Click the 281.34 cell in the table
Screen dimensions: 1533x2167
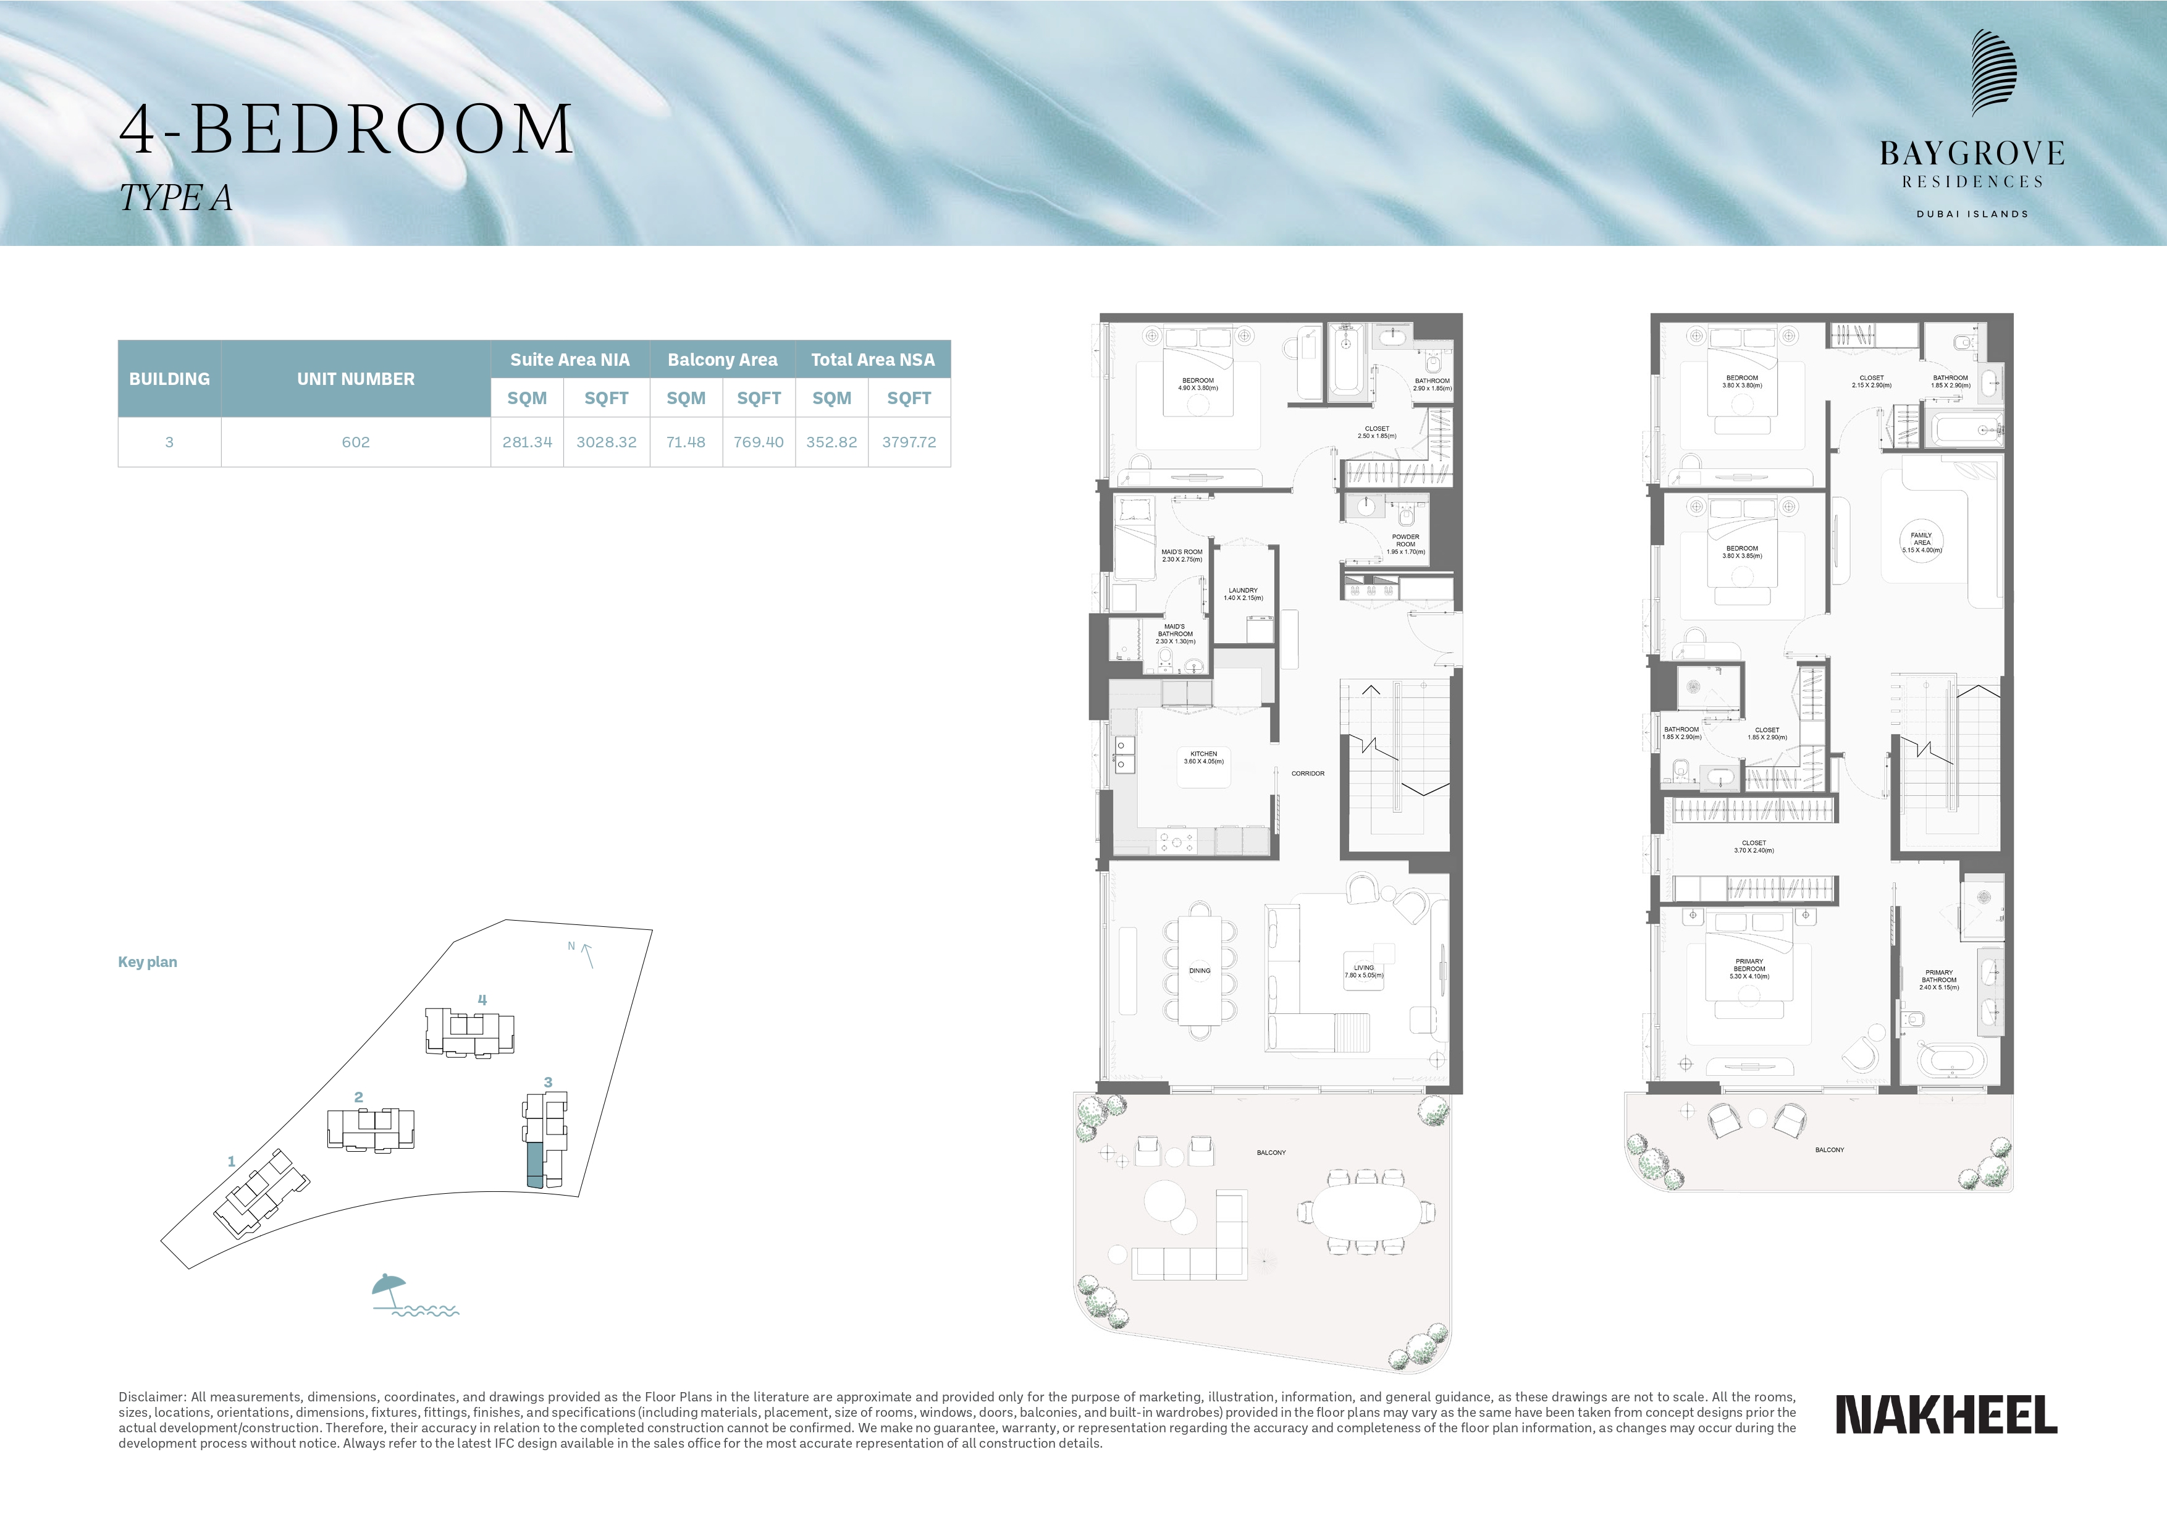(x=527, y=442)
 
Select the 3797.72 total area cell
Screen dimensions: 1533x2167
(x=909, y=442)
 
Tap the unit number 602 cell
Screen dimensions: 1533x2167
(x=356, y=442)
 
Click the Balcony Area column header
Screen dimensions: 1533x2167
(x=722, y=360)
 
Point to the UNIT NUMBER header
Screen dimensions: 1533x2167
(x=356, y=379)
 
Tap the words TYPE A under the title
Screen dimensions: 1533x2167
(x=175, y=198)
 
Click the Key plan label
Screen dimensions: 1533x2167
(x=147, y=962)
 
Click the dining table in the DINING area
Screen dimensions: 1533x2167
(x=1200, y=970)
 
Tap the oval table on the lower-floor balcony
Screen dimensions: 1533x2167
(x=1366, y=1211)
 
